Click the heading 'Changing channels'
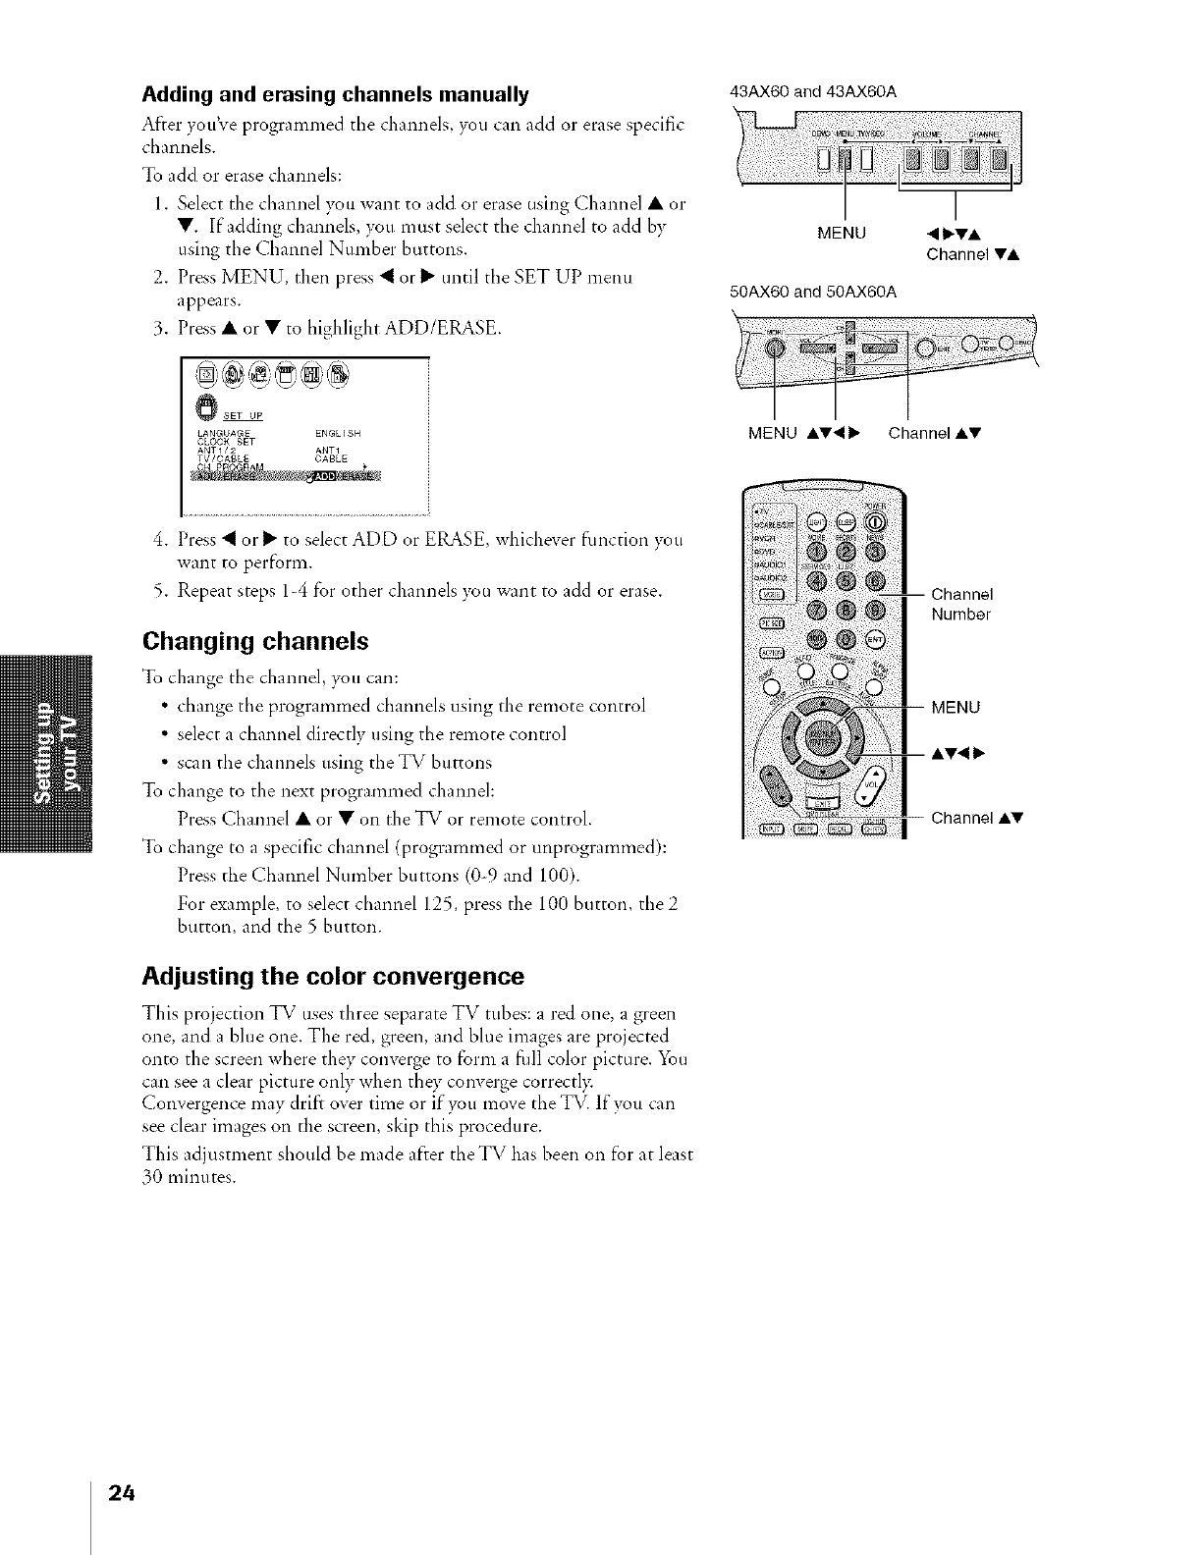click(255, 642)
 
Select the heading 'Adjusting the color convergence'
click(334, 977)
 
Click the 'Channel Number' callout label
click(961, 605)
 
